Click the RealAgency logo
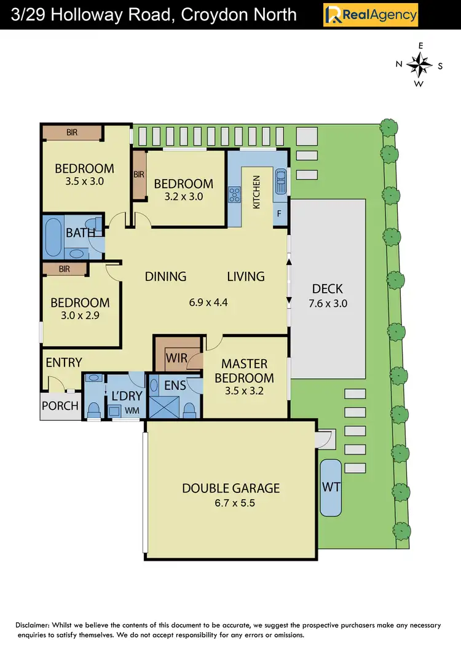[x=371, y=15]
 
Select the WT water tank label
[x=331, y=487]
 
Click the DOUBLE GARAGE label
[x=230, y=488]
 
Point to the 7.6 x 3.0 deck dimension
[x=327, y=303]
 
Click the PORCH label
[x=60, y=406]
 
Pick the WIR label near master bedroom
[x=176, y=357]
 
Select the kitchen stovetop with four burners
[x=235, y=195]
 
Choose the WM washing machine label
[x=132, y=409]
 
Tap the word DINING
[x=165, y=277]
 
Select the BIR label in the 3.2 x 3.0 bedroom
[x=139, y=175]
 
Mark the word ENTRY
[x=64, y=362]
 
